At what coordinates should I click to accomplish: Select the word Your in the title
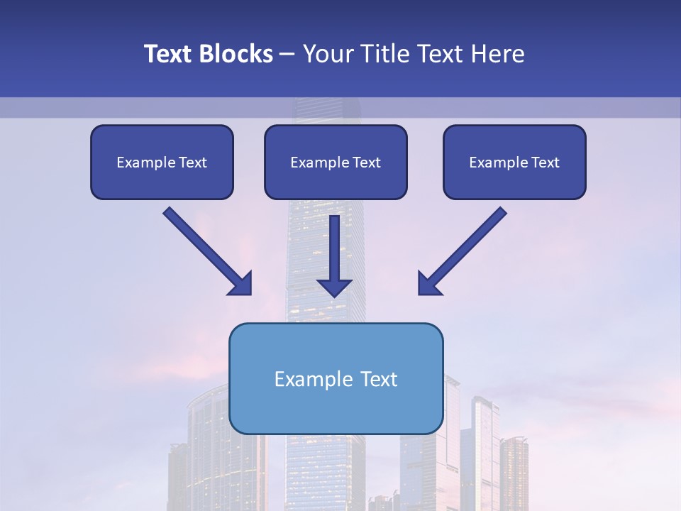click(x=329, y=54)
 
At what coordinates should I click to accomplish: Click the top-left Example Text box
click(x=162, y=163)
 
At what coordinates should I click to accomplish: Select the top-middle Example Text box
click(x=336, y=163)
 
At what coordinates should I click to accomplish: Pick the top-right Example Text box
click(x=514, y=163)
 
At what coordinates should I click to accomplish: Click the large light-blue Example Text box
click(x=336, y=378)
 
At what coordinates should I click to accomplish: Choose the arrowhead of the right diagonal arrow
click(x=428, y=284)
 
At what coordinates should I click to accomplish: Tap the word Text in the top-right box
click(x=546, y=163)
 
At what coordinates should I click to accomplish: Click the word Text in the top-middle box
click(x=367, y=163)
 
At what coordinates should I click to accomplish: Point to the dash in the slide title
click(x=287, y=55)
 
